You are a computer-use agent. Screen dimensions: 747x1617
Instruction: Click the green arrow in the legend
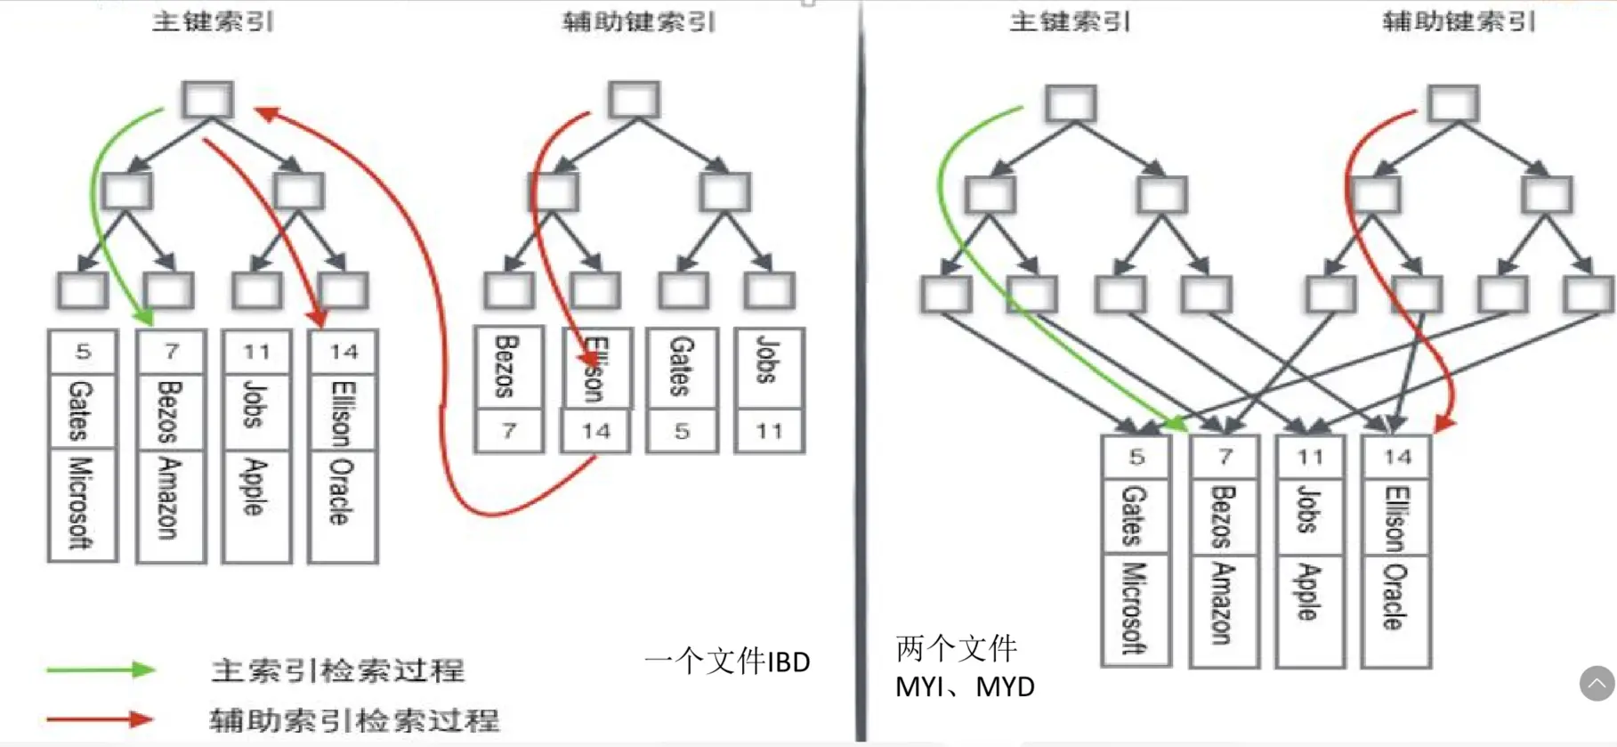pyautogui.click(x=101, y=670)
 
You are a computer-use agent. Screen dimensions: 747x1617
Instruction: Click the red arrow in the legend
pyautogui.click(x=101, y=719)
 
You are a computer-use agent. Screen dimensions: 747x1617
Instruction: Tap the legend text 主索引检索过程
pyautogui.click(x=338, y=670)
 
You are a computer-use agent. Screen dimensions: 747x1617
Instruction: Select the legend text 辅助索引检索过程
pyautogui.click(x=354, y=719)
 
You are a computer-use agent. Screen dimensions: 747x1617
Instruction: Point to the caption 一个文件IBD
pyautogui.click(x=727, y=662)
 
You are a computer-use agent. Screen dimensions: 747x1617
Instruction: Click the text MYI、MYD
pyautogui.click(x=965, y=687)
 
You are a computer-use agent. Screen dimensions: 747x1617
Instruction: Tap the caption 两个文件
pyautogui.click(x=956, y=648)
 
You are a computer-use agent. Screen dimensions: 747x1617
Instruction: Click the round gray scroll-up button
pyautogui.click(x=1597, y=684)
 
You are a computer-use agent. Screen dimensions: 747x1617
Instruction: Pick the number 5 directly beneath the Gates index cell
pyautogui.click(x=682, y=432)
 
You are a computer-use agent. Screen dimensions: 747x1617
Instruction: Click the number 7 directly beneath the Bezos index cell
pyautogui.click(x=508, y=432)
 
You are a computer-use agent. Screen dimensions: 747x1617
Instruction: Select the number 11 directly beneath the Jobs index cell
pyautogui.click(x=769, y=432)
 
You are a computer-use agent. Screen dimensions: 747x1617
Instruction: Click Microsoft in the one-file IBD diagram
pyautogui.click(x=81, y=503)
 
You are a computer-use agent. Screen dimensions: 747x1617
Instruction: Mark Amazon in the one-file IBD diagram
pyautogui.click(x=169, y=499)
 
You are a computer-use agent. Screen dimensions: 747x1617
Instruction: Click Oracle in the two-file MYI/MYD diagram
pyautogui.click(x=1395, y=597)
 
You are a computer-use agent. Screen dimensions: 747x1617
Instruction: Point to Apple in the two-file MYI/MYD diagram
pyautogui.click(x=1307, y=592)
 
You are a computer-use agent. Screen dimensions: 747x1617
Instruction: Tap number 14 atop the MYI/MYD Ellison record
pyautogui.click(x=1397, y=458)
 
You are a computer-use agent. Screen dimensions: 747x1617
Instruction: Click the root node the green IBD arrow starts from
pyautogui.click(x=208, y=100)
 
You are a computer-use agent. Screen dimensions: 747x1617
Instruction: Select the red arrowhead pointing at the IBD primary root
pyautogui.click(x=265, y=113)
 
